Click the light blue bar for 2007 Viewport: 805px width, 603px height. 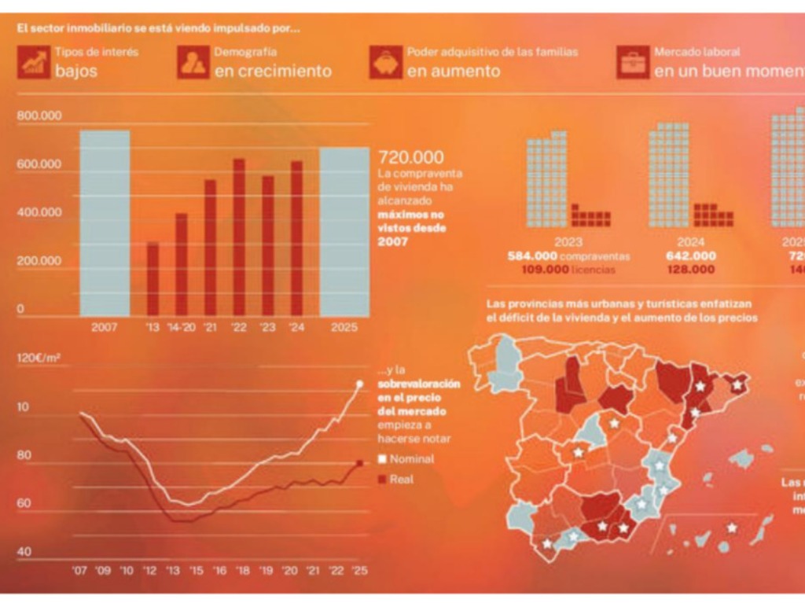coord(105,223)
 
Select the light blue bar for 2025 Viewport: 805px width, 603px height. coord(344,232)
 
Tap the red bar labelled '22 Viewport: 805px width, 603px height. coord(238,237)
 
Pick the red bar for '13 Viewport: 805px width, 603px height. coord(153,279)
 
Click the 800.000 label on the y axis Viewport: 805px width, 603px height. coord(39,116)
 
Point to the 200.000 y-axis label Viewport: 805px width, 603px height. coord(39,261)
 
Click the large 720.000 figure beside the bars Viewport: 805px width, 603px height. coord(410,157)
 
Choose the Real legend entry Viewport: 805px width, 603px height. coord(400,479)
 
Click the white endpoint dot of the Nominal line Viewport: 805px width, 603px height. coord(360,384)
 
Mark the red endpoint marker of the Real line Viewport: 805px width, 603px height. coord(360,463)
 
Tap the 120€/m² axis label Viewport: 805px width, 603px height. coord(39,358)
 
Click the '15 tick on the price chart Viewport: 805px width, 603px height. coord(196,570)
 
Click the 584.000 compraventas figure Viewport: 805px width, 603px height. coord(569,256)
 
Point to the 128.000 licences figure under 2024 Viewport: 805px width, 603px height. coord(691,270)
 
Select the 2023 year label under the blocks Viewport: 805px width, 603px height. coord(568,242)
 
